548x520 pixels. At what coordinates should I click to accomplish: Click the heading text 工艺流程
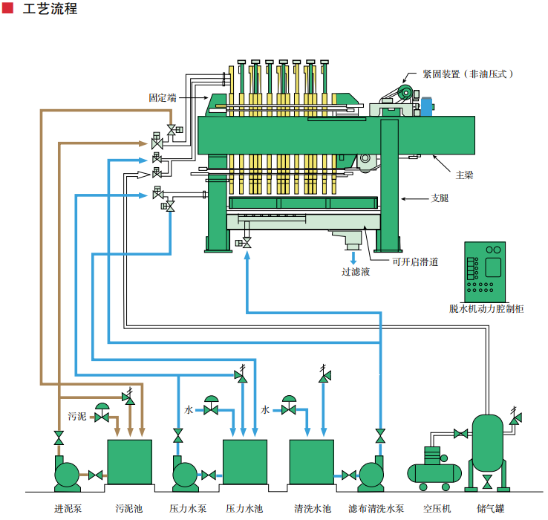click(x=50, y=10)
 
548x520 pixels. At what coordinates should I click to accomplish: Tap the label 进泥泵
click(x=68, y=509)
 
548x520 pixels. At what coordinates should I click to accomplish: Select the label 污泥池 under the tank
click(x=128, y=509)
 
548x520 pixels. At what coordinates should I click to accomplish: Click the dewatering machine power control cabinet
click(x=484, y=270)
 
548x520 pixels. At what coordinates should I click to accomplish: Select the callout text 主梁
click(x=464, y=175)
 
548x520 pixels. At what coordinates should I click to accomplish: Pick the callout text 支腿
click(x=440, y=198)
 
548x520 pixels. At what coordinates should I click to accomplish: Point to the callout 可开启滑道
click(x=415, y=261)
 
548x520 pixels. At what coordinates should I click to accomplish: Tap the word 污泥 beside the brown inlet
click(x=77, y=415)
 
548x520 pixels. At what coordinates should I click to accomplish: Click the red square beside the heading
click(x=7, y=9)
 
